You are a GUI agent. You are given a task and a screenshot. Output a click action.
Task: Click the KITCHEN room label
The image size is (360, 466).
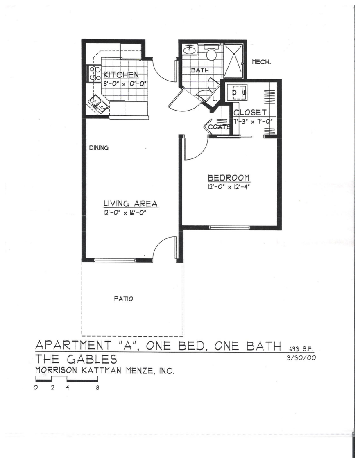[x=120, y=75]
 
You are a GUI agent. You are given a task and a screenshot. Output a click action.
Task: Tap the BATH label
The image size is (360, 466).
[x=200, y=70]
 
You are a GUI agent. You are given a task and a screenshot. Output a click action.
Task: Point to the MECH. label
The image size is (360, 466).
[x=261, y=62]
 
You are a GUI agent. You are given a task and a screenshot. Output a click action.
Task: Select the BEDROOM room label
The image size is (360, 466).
[x=229, y=178]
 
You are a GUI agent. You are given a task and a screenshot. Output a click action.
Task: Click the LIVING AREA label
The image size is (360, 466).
[x=130, y=204]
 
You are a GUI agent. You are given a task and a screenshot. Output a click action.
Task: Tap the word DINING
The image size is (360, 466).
[x=99, y=148]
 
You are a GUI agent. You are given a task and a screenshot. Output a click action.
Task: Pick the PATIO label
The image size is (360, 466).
[x=123, y=299]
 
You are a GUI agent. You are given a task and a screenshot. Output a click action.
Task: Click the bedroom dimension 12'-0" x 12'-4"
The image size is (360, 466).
[x=229, y=187]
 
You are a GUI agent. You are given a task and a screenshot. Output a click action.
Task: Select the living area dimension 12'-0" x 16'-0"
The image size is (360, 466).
[x=125, y=213]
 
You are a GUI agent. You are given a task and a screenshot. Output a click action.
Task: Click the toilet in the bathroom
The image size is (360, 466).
[x=211, y=54]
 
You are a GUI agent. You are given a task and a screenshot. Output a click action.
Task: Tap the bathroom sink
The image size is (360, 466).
[x=190, y=50]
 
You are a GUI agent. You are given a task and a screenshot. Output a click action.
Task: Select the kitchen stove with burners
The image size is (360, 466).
[x=95, y=74]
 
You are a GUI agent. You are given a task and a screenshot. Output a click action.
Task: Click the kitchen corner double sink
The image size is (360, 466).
[x=99, y=103]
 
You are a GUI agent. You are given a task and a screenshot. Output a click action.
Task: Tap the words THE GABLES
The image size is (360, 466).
[x=76, y=360]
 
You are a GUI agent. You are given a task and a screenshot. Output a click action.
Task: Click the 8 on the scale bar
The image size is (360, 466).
[x=97, y=387]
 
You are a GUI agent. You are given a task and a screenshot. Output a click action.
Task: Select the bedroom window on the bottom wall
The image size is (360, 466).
[x=229, y=227]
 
